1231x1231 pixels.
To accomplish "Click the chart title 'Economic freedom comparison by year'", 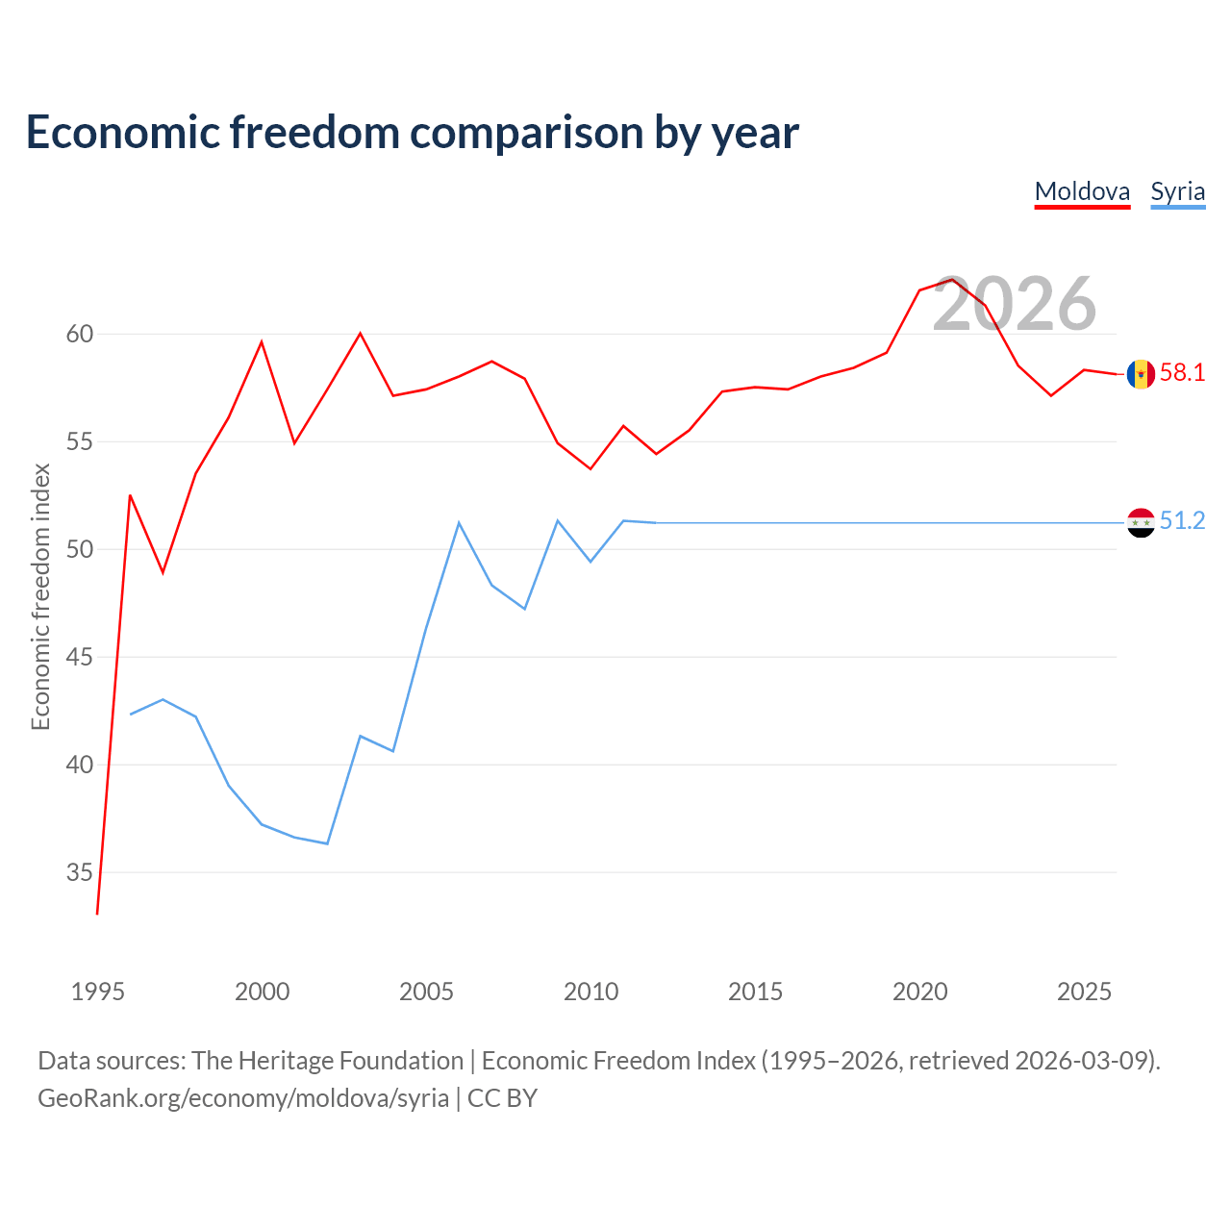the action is click(x=412, y=133).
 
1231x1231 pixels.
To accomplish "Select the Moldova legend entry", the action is click(x=1082, y=192).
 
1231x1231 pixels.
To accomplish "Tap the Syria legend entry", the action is click(x=1177, y=192).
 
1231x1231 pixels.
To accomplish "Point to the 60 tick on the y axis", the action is click(x=80, y=334).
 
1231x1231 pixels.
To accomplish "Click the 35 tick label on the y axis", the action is click(x=80, y=872).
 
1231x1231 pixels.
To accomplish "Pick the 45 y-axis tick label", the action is click(x=80, y=657).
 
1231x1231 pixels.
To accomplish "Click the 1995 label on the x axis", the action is click(x=98, y=992).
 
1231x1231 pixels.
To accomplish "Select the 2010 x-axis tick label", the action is click(x=590, y=992).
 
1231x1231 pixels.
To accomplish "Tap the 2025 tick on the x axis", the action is click(x=1084, y=992).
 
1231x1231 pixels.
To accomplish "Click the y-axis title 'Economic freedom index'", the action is click(x=41, y=596).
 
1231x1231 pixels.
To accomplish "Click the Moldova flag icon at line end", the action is click(x=1141, y=374).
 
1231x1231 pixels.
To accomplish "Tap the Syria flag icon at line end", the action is click(x=1141, y=522).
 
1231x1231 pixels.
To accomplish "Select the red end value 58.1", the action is click(x=1182, y=372).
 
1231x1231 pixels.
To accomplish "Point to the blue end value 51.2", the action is click(x=1182, y=520).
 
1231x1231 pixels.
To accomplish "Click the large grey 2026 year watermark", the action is click(x=1015, y=304).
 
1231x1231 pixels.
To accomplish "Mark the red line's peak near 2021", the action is click(x=952, y=279).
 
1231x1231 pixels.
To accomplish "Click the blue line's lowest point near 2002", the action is click(x=327, y=843).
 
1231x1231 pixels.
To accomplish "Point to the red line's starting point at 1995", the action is click(x=97, y=915).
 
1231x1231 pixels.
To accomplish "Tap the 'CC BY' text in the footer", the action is click(x=502, y=1099).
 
